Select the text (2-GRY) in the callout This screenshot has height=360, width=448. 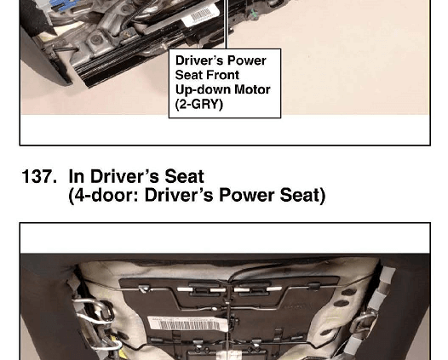pyautogui.click(x=198, y=104)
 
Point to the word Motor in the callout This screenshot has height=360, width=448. pyautogui.click(x=252, y=89)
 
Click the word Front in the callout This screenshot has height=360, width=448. pyautogui.click(x=226, y=75)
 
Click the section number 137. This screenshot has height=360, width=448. pyautogui.click(x=39, y=176)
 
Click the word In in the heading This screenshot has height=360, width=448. pyautogui.click(x=77, y=176)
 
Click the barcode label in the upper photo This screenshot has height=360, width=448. pyautogui.click(x=200, y=14)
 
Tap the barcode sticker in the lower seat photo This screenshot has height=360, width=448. pyautogui.click(x=188, y=323)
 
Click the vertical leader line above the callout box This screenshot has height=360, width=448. pyautogui.click(x=227, y=25)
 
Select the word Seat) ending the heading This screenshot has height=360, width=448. pyautogui.click(x=302, y=195)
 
